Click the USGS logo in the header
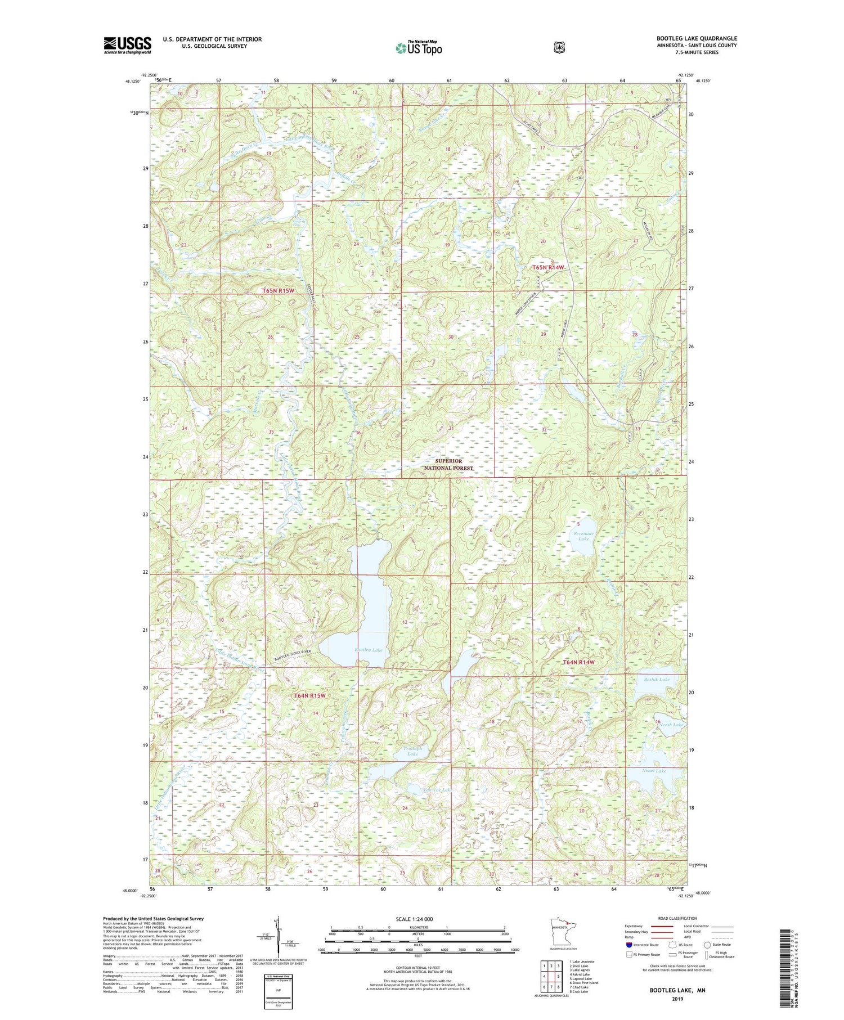coord(127,45)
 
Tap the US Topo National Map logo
coord(419,48)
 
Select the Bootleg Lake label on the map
coord(369,650)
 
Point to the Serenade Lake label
coord(583,536)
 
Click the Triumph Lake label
coord(412,751)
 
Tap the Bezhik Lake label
coord(657,680)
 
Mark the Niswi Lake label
coord(654,771)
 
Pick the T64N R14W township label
coord(578,662)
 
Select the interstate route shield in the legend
coord(628,945)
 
